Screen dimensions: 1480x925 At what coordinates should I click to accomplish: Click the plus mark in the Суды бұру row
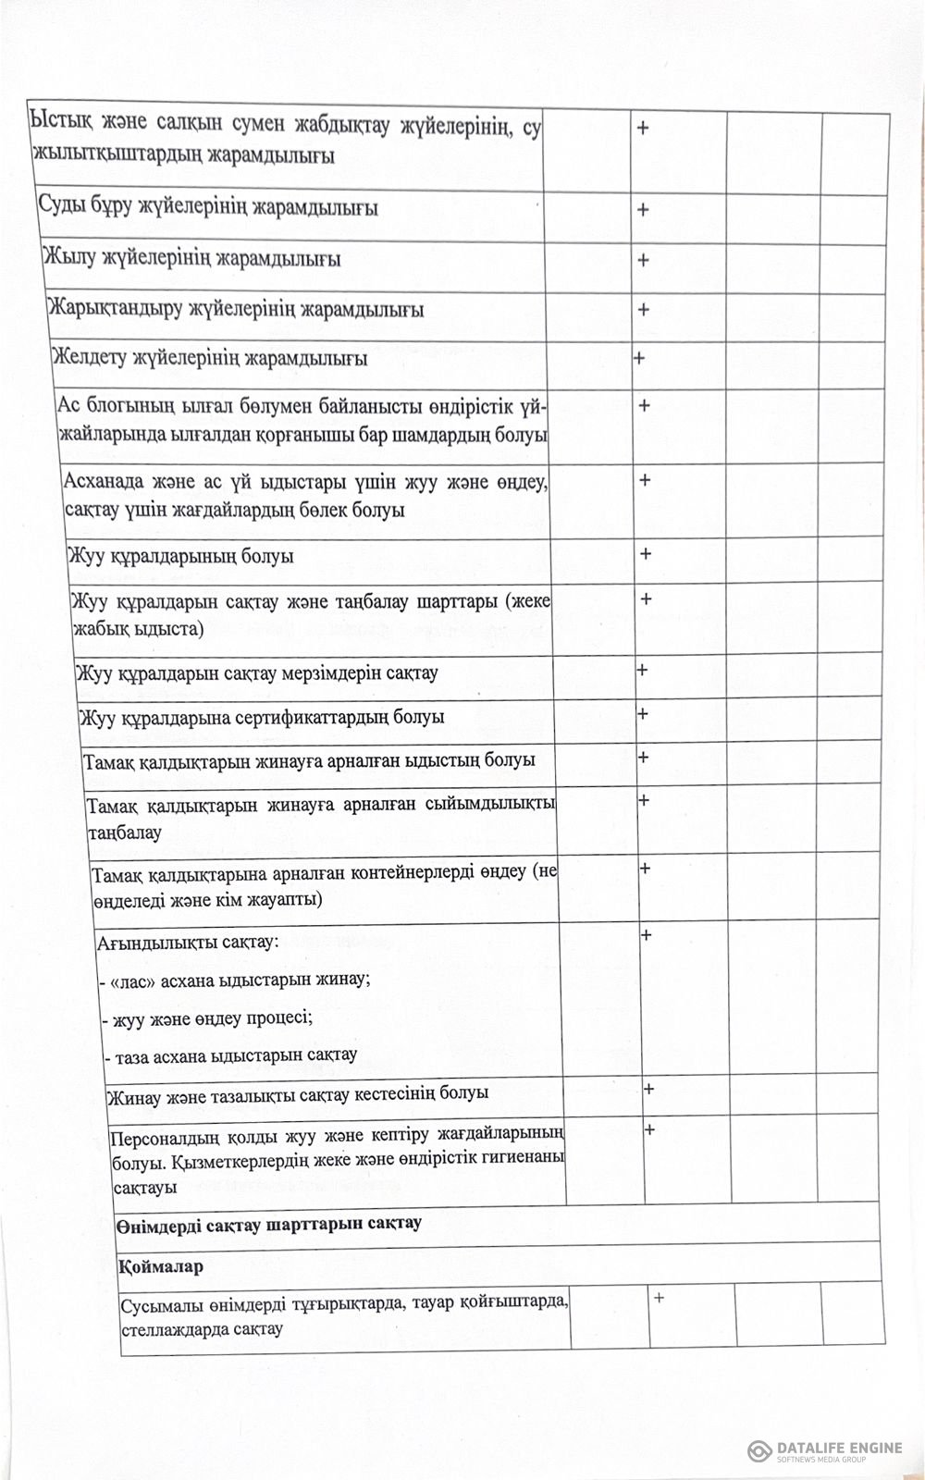643,210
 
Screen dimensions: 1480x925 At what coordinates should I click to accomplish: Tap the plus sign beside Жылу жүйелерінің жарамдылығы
643,260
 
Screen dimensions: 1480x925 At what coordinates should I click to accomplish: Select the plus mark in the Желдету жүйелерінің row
639,358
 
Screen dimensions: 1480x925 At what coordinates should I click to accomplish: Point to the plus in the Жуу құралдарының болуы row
646,554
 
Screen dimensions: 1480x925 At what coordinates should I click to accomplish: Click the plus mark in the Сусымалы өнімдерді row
660,1298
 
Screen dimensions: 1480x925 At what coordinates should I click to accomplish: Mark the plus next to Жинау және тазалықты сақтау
649,1089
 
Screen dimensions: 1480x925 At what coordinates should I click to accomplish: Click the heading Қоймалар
161,1267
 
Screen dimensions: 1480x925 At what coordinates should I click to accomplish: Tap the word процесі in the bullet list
281,1017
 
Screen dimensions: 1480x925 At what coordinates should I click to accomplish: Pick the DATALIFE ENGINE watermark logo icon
760,1449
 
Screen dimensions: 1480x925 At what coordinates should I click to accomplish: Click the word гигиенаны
524,1158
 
